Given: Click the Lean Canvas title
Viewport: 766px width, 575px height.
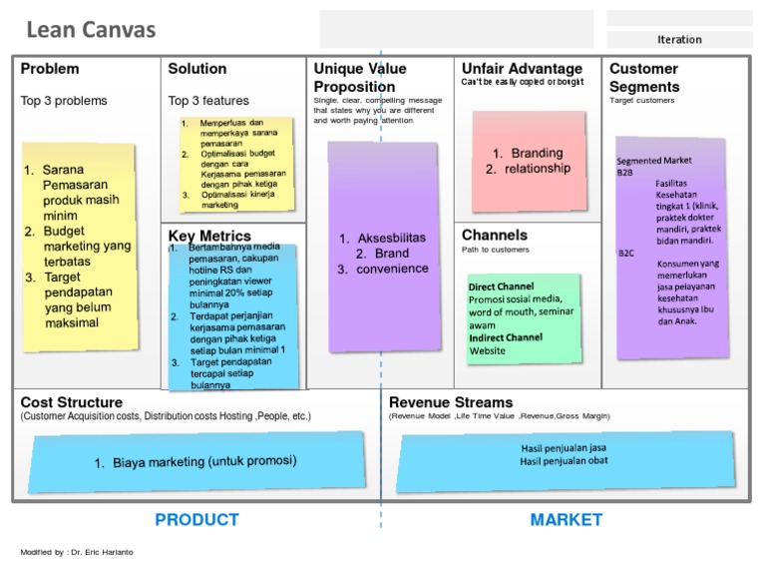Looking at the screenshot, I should click(91, 30).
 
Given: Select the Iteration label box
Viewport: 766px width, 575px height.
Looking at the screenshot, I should click(679, 40).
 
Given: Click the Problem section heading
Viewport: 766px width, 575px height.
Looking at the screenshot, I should click(50, 69).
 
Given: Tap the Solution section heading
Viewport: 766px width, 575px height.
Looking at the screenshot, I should click(197, 69).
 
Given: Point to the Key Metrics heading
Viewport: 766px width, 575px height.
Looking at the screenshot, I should click(209, 236).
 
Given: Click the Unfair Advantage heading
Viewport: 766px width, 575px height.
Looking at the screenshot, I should click(522, 68).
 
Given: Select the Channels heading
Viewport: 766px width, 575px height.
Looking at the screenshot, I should click(495, 235).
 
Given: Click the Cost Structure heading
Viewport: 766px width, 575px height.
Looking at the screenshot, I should click(72, 402).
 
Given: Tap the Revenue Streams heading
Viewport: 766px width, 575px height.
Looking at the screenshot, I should click(450, 402).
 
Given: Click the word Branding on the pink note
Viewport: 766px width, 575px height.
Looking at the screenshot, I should click(537, 153).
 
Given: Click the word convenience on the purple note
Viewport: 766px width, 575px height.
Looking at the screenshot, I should click(392, 269).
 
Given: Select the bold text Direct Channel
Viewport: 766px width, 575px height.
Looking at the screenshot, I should click(501, 287).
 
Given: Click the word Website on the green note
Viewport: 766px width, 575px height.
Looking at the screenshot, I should click(488, 351).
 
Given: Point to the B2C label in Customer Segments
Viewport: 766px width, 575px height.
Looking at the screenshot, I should click(625, 254).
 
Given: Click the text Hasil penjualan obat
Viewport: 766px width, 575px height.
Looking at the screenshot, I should click(564, 460).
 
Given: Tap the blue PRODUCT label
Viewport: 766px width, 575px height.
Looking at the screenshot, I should click(196, 519).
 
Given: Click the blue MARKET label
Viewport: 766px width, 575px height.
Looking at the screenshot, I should click(566, 519).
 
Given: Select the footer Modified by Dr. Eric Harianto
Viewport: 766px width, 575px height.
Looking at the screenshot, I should click(76, 552).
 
